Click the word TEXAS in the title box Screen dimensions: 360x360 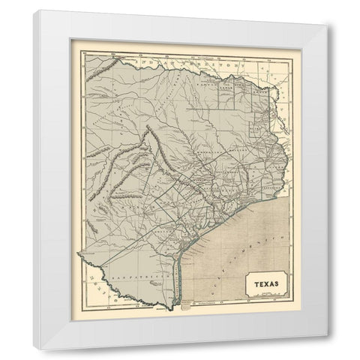(262, 283)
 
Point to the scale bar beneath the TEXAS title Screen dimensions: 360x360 (262, 293)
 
